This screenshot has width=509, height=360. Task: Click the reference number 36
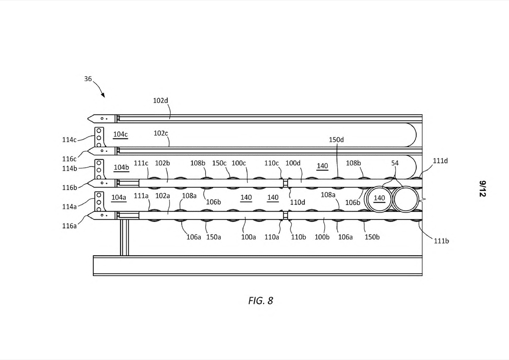click(88, 79)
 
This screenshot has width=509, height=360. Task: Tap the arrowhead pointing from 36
click(103, 95)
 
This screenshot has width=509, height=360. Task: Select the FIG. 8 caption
click(260, 301)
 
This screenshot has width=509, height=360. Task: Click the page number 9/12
click(482, 189)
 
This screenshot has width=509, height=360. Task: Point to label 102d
click(161, 101)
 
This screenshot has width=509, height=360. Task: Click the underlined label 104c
click(120, 134)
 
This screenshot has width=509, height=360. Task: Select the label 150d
click(336, 140)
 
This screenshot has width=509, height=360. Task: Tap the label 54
click(395, 163)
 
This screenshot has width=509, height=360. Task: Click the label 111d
click(440, 161)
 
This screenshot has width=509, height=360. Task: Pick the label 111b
click(441, 241)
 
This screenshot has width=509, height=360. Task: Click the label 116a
click(69, 226)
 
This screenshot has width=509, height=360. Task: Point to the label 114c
click(69, 140)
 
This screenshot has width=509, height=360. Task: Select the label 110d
click(298, 202)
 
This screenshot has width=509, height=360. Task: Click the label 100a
click(248, 237)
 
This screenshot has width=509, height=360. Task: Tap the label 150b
click(372, 237)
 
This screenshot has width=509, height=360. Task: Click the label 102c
click(161, 133)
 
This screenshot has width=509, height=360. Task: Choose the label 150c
click(219, 163)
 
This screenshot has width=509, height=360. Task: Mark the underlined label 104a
click(119, 197)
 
